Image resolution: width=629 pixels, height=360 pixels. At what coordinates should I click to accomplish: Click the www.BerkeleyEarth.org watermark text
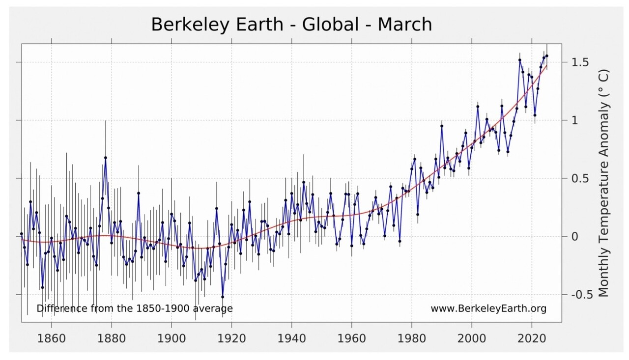click(x=488, y=308)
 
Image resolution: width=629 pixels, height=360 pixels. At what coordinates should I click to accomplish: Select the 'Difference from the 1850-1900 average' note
click(x=135, y=308)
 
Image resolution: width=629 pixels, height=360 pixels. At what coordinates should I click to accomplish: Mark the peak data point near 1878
click(x=105, y=158)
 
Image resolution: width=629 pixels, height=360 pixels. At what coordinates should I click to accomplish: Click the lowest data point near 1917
click(x=223, y=297)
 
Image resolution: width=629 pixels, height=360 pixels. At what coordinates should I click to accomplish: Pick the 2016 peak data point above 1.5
click(x=519, y=60)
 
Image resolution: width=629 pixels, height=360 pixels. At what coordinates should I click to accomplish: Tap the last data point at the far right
click(x=547, y=56)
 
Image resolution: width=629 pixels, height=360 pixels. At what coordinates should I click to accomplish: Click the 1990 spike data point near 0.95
click(x=442, y=126)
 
